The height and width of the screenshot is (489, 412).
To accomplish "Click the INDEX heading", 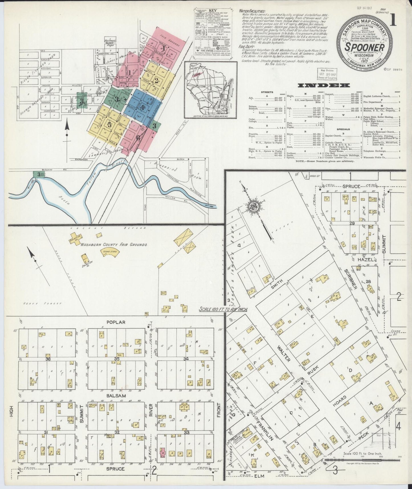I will [x=324, y=85].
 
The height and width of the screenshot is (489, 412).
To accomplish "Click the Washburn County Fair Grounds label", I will [x=114, y=244].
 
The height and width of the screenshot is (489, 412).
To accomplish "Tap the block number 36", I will [x=48, y=359].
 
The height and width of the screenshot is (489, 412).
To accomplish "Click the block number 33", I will [x=187, y=433].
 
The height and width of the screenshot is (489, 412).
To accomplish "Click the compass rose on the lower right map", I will [x=253, y=207].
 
